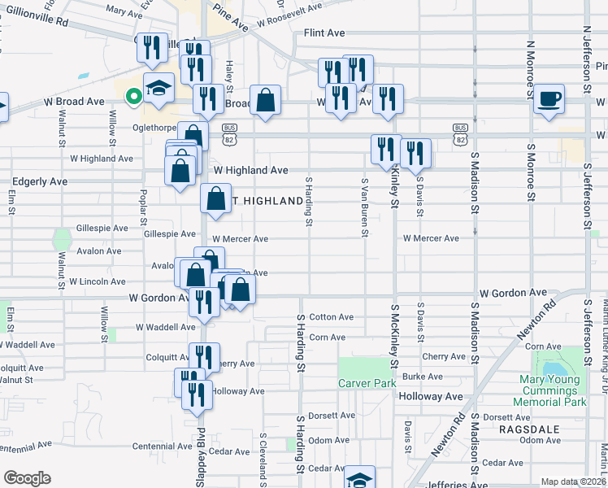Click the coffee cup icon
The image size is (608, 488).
(x=549, y=99)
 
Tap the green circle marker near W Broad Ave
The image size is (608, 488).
(x=133, y=96)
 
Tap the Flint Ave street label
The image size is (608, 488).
(x=324, y=33)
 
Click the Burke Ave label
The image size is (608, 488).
(x=423, y=377)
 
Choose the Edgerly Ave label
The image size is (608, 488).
(x=39, y=181)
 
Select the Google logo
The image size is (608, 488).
(x=27, y=478)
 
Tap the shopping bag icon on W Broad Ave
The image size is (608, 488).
(x=265, y=102)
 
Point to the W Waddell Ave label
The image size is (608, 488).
(x=166, y=327)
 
